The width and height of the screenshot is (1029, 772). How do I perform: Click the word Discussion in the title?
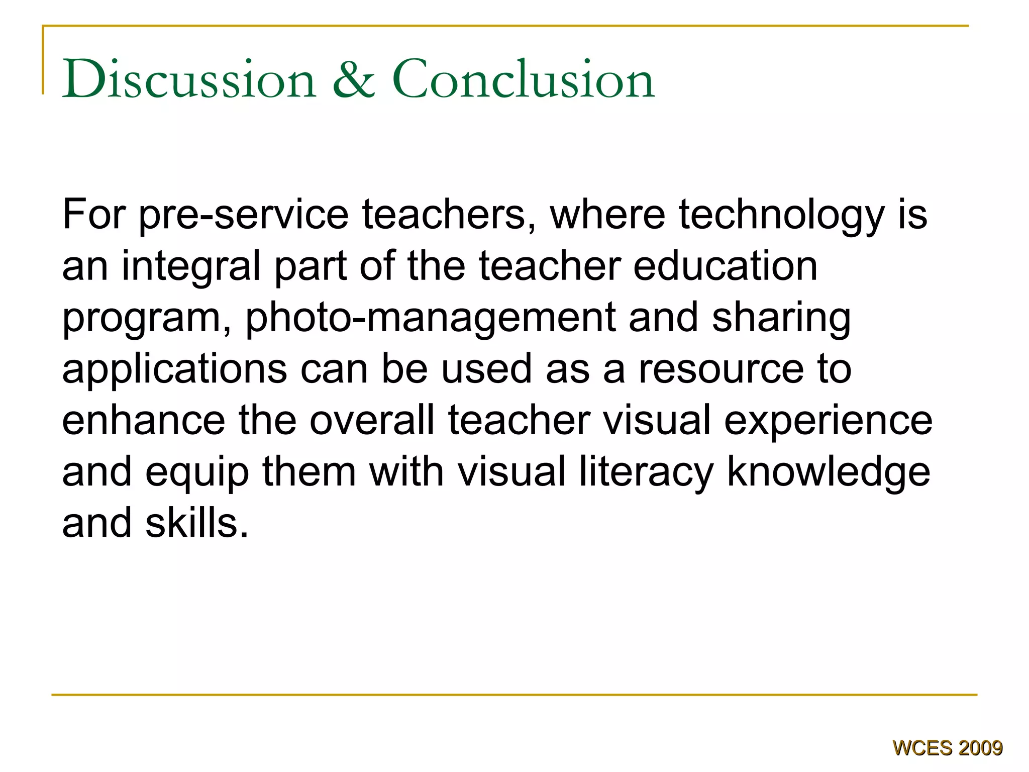(189, 79)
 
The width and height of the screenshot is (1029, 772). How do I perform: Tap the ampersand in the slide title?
(354, 79)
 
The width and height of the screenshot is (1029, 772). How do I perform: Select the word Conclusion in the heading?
(523, 79)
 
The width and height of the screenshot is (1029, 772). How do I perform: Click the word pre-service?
(243, 216)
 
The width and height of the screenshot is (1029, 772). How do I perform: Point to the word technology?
(781, 216)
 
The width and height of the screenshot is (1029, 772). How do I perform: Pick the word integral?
(191, 267)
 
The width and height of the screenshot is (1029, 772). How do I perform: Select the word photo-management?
(430, 318)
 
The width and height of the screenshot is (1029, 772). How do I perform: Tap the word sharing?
(781, 318)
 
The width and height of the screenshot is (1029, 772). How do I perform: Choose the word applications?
(174, 370)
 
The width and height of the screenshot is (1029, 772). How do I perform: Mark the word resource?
(721, 369)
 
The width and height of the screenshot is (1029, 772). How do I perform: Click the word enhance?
(144, 420)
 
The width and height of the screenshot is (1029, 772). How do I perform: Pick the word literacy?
(646, 472)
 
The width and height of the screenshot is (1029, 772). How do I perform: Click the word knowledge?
(829, 472)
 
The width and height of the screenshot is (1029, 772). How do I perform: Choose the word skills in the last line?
(197, 523)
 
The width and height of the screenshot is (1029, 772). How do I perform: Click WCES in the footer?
(922, 748)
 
